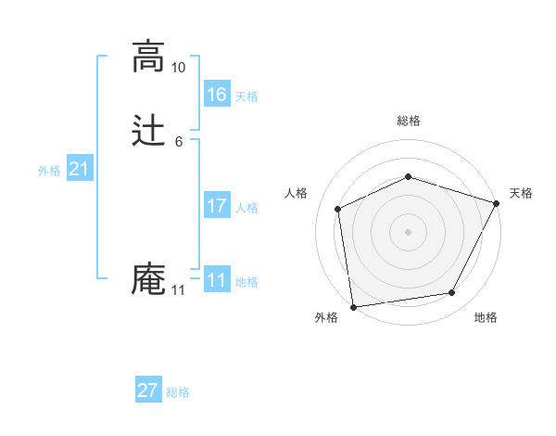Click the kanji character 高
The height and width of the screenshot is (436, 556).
[148, 57]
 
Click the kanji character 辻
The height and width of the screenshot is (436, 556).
[148, 131]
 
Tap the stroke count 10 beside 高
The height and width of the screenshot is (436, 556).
[179, 68]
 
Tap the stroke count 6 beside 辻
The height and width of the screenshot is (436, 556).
[179, 142]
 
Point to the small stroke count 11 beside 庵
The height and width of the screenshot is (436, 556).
[179, 290]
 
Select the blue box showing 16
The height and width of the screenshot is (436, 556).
[217, 95]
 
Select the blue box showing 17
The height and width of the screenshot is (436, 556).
[217, 206]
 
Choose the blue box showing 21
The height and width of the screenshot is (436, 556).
[80, 169]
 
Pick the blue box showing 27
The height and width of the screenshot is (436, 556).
[148, 391]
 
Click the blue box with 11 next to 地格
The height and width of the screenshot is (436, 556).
[217, 280]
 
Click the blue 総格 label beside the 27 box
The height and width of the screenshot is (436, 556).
[178, 392]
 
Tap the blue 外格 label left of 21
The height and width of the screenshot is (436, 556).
[49, 171]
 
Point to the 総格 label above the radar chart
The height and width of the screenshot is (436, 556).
[408, 121]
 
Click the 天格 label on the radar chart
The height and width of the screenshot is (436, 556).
[521, 193]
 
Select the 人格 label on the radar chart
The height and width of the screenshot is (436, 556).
[296, 193]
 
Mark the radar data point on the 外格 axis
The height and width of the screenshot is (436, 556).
[352, 306]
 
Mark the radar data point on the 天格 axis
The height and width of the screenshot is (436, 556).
[497, 203]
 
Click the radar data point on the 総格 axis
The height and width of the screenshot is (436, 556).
[408, 176]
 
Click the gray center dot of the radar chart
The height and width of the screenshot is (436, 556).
[408, 231]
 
